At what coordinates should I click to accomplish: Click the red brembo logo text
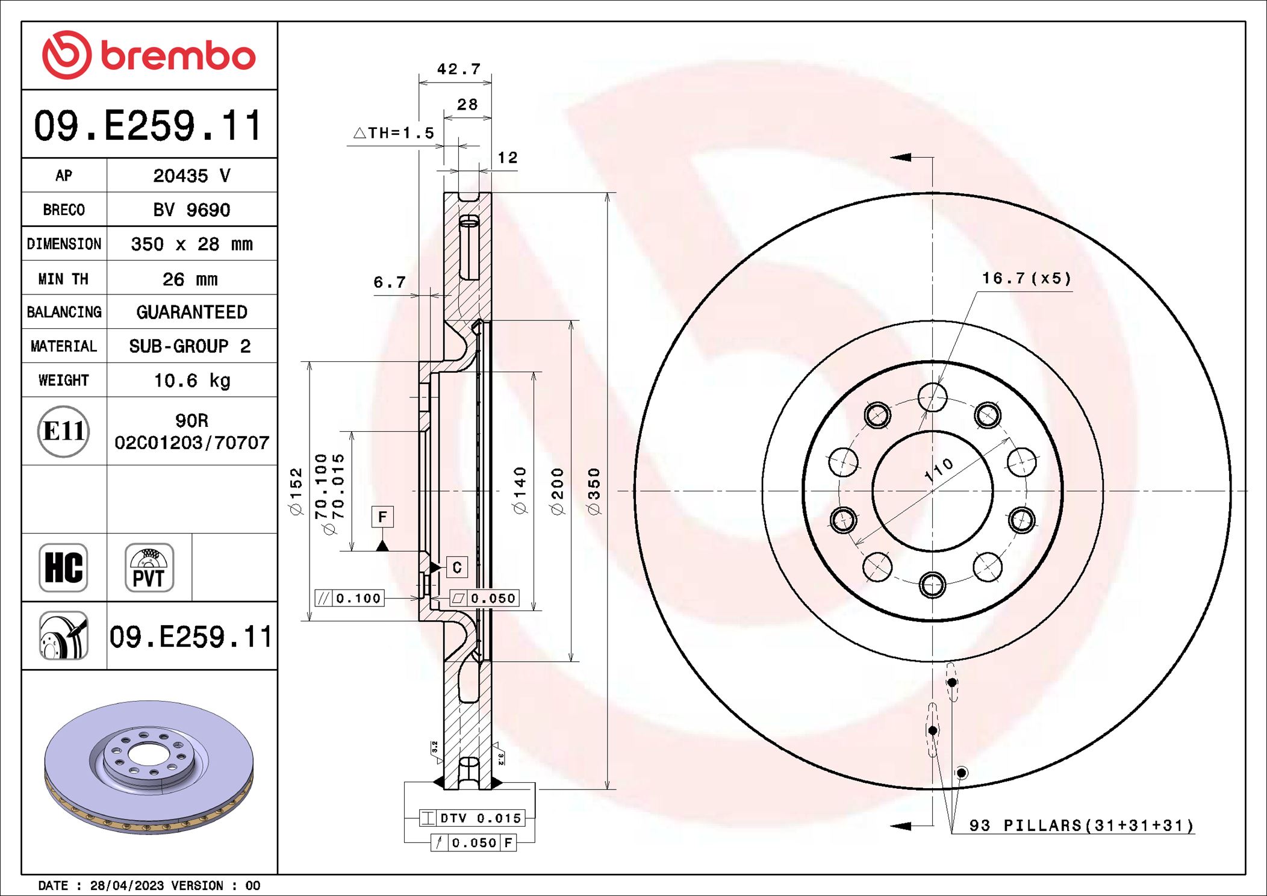(178, 56)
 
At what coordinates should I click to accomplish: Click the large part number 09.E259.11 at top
(148, 126)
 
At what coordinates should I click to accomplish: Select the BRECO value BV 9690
(191, 210)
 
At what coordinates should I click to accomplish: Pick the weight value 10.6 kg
(191, 381)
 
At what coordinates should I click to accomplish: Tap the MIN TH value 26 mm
(190, 279)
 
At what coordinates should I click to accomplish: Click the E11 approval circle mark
(64, 431)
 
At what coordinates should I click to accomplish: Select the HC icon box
(63, 567)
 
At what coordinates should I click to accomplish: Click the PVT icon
(149, 567)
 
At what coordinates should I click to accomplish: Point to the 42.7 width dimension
(458, 69)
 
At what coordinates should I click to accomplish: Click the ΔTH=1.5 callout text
(394, 132)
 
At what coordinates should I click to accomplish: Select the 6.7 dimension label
(389, 282)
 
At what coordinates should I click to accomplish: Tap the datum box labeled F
(382, 517)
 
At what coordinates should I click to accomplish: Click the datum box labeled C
(456, 567)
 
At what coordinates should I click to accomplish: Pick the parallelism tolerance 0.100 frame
(350, 598)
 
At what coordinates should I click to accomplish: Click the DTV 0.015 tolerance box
(472, 818)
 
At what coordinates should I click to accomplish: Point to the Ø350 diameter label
(594, 491)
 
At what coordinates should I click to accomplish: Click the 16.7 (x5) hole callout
(1027, 278)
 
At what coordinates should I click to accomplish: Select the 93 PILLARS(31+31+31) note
(1081, 825)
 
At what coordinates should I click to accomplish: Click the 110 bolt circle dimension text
(939, 470)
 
